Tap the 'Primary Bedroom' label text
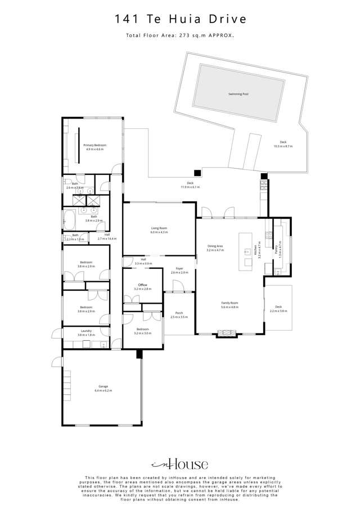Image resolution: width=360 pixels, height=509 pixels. (94, 145)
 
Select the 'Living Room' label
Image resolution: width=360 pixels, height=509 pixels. (159, 228)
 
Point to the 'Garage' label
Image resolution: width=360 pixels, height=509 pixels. (103, 386)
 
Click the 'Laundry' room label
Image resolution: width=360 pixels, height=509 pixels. (86, 331)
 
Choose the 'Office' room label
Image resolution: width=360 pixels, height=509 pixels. (143, 285)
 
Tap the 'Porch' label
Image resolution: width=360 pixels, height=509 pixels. (179, 313)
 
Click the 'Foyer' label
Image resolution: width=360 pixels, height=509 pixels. (179, 269)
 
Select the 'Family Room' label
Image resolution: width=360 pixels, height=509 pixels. (229, 304)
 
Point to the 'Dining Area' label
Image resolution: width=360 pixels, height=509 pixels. (215, 246)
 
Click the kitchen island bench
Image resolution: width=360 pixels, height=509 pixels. (246, 251)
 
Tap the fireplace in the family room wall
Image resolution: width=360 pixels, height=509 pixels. (227, 334)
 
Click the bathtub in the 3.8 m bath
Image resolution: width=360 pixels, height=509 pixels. (70, 218)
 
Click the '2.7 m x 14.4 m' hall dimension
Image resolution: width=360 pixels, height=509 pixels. (107, 239)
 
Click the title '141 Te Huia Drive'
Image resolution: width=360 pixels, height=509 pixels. (180, 19)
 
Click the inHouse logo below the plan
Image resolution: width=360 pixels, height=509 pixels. (180, 464)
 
